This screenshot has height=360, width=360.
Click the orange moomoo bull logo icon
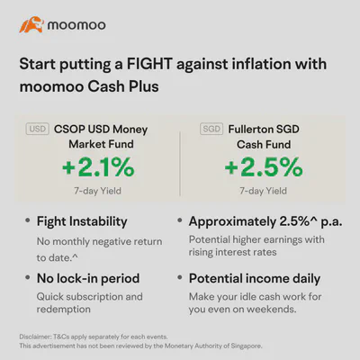pyautogui.click(x=31, y=24)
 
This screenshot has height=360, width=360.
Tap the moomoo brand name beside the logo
pyautogui.click(x=76, y=25)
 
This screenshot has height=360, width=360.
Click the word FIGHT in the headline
pyautogui.click(x=149, y=64)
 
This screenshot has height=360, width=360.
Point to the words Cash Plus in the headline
pyautogui.click(x=123, y=86)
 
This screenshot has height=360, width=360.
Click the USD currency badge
pyautogui.click(x=37, y=129)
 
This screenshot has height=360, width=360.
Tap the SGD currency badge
pyautogui.click(x=211, y=129)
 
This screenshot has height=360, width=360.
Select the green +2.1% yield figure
pyautogui.click(x=98, y=167)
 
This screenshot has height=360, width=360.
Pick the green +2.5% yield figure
pyautogui.click(x=264, y=167)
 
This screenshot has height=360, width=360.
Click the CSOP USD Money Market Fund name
pyautogui.click(x=101, y=137)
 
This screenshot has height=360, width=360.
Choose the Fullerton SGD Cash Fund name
pyautogui.click(x=264, y=137)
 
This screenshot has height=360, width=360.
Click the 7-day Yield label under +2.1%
pyautogui.click(x=98, y=191)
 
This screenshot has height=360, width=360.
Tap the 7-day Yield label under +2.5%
pyautogui.click(x=263, y=191)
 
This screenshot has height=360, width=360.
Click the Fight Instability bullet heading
pyautogui.click(x=82, y=221)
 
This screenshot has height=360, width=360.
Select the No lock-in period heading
pyautogui.click(x=88, y=279)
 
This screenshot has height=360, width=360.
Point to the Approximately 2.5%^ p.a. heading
pyautogui.click(x=265, y=221)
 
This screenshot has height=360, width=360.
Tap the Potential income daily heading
pyautogui.click(x=255, y=279)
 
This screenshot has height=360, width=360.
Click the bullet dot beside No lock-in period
pyautogui.click(x=28, y=277)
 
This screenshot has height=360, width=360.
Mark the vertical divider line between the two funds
pyautogui.click(x=180, y=164)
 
